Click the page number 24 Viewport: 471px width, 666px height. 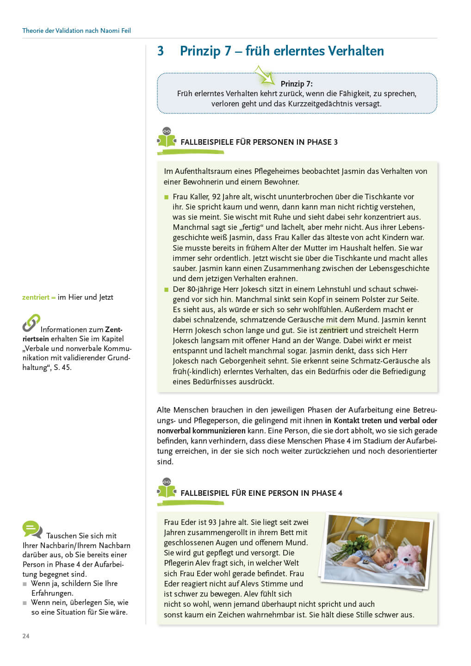point(26,636)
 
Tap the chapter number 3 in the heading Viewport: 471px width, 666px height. point(161,51)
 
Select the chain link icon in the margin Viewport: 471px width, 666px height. point(31,323)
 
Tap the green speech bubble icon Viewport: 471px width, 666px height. point(32,529)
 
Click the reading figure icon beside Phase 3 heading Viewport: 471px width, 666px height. point(167,138)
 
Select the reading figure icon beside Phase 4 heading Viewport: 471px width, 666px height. point(167,489)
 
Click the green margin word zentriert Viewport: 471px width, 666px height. point(36,297)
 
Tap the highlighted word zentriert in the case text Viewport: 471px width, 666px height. point(333,330)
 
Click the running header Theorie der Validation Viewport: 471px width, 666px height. point(76,31)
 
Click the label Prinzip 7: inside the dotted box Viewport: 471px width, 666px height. point(297,84)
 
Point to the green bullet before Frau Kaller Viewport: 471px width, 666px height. point(167,197)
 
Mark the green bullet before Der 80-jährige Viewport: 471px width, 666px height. point(167,290)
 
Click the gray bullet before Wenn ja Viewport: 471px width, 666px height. point(25,584)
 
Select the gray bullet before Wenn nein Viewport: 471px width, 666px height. point(25,603)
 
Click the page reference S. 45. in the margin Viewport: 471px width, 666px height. point(62,367)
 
